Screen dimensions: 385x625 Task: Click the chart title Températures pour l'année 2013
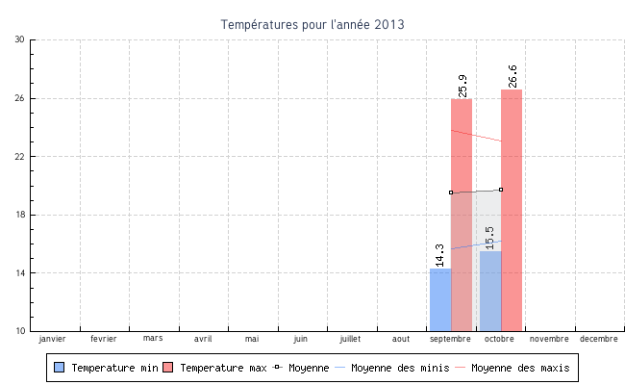[x=312, y=24]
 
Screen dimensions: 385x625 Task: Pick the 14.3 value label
[x=440, y=254]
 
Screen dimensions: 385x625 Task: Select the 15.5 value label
[x=490, y=237]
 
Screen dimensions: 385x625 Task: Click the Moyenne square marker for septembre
[x=451, y=192]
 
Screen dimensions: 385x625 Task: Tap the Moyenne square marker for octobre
[x=501, y=190]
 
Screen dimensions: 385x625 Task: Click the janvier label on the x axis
[x=52, y=339]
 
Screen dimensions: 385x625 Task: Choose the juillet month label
[x=350, y=339]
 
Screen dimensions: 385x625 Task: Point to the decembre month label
[x=599, y=339]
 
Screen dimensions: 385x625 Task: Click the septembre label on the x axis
[x=450, y=339]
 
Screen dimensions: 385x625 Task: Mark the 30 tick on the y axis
[x=20, y=39]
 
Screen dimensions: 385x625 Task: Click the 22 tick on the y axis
[x=20, y=156]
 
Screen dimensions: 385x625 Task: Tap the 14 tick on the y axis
[x=20, y=273]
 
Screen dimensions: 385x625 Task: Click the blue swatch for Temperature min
[x=60, y=368]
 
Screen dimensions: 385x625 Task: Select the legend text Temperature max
[x=223, y=368]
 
